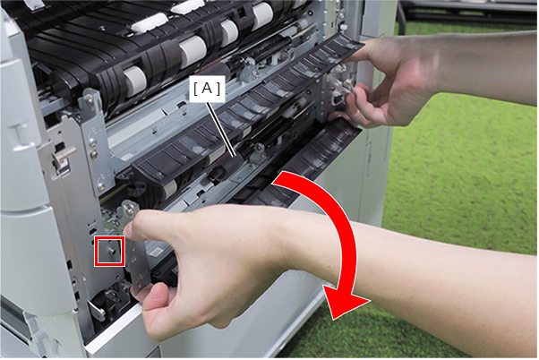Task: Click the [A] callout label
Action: coord(207,90)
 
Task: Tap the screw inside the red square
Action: coord(111,252)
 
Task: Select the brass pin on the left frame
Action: coord(64,152)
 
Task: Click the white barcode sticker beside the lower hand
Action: coord(158,252)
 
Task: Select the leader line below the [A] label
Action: coord(220,128)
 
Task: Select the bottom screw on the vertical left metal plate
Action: coord(100,188)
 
